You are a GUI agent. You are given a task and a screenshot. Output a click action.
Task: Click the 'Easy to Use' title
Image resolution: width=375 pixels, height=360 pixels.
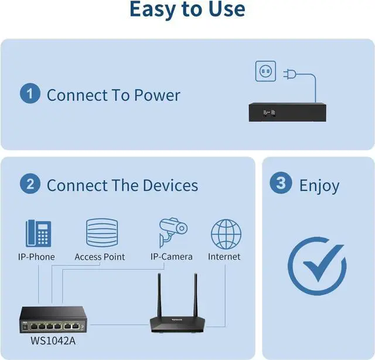[x=187, y=10]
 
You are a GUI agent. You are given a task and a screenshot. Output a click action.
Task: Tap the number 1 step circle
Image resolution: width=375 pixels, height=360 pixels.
[x=30, y=94]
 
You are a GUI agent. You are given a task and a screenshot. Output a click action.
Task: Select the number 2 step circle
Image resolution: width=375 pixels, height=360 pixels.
[x=30, y=185]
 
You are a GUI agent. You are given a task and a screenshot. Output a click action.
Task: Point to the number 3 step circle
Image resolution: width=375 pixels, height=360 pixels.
[x=281, y=184]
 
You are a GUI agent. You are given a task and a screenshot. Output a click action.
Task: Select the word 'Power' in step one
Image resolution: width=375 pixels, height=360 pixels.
[x=157, y=95]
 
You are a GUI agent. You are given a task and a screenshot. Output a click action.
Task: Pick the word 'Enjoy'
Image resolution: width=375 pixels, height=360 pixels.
[x=319, y=186]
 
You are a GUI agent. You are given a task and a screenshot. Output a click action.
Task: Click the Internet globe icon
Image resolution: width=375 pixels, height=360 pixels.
[x=226, y=234]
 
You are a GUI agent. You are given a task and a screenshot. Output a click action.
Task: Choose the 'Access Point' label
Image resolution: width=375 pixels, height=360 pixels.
[x=100, y=257]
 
